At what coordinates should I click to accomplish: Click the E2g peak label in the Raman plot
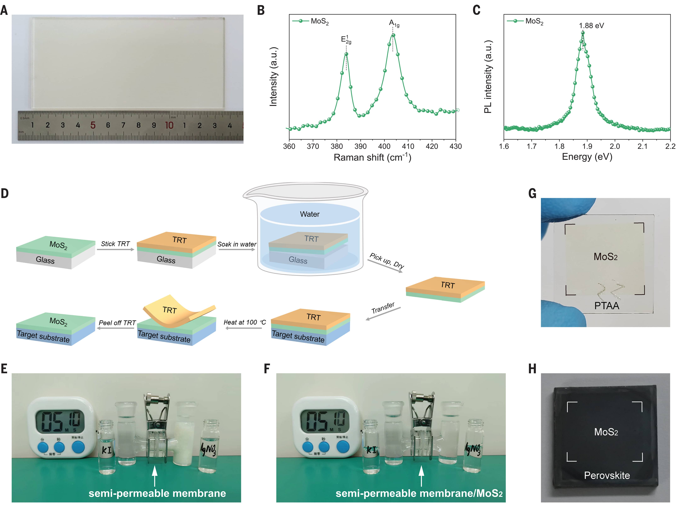click(x=346, y=40)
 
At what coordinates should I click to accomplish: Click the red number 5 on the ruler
click(x=93, y=125)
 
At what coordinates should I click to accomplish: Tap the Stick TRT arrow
click(x=115, y=249)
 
